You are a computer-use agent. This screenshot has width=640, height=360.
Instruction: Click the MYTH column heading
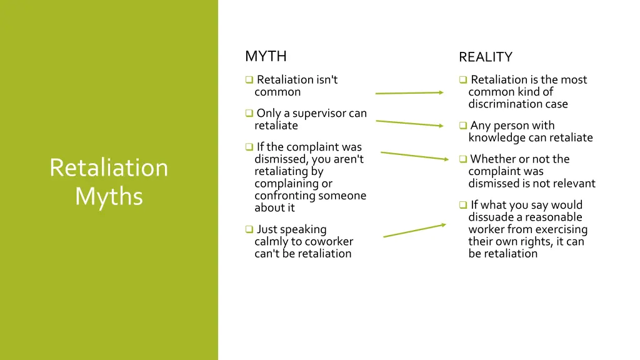coord(266,56)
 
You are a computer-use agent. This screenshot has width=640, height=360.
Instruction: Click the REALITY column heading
coord(485,57)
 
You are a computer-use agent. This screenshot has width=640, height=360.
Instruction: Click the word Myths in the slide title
coord(109,196)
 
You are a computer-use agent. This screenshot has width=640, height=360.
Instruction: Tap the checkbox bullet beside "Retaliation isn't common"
coord(249,80)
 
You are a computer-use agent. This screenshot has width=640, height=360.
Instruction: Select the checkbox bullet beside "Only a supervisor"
coord(249,114)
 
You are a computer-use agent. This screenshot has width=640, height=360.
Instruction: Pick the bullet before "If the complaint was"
coord(249,147)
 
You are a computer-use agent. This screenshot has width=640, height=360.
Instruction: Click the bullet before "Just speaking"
coord(249,230)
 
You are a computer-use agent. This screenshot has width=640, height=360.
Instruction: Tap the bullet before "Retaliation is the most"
coord(463,80)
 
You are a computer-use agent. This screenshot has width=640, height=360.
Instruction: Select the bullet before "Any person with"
coord(463,126)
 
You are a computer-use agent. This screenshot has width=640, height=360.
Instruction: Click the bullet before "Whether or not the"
coord(463,159)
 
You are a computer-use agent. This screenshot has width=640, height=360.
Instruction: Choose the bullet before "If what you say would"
coord(463,205)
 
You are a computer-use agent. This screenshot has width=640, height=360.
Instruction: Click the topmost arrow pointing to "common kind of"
coord(409,93)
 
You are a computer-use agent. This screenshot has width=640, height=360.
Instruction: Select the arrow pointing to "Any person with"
coord(409,123)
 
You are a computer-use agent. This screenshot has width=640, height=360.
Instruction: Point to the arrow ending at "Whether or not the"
coord(414,156)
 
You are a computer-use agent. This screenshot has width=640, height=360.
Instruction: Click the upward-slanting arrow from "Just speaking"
coord(414,231)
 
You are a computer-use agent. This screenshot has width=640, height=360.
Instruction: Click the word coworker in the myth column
coord(328,241)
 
